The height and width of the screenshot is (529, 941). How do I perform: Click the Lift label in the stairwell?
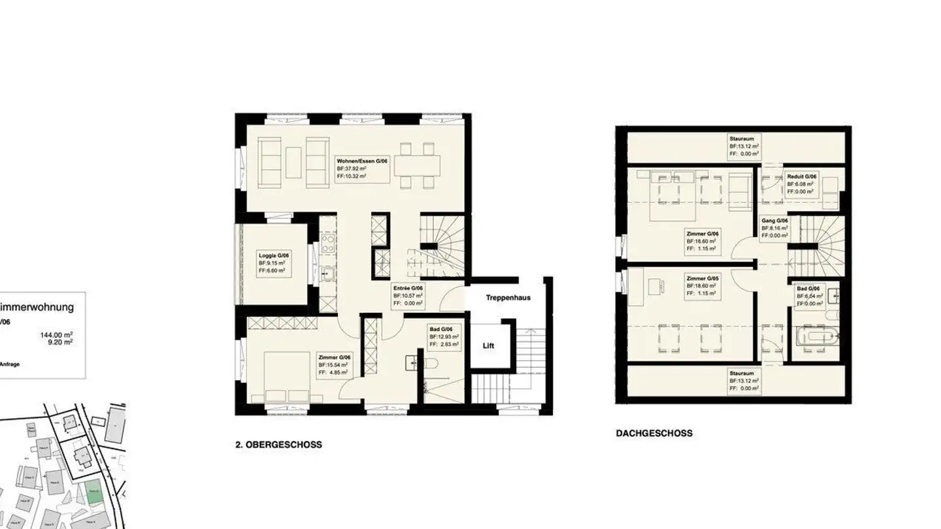(x=488, y=345)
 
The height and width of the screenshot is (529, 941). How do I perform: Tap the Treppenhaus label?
(x=508, y=298)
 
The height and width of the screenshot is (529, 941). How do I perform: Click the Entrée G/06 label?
(x=408, y=288)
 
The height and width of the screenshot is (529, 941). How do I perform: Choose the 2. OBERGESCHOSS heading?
(x=278, y=445)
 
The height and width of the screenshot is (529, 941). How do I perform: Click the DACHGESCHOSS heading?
(x=654, y=433)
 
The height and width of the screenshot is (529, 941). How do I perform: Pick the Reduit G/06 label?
(x=802, y=176)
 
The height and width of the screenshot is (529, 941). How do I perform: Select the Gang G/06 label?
(x=775, y=221)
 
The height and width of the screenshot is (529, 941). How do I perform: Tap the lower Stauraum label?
(x=742, y=373)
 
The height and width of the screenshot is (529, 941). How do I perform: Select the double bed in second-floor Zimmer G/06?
(x=288, y=376)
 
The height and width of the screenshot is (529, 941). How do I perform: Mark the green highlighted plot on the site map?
(x=95, y=491)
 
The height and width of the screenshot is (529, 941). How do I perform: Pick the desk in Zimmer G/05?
(x=655, y=285)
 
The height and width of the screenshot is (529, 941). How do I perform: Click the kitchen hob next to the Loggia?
(x=327, y=244)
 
